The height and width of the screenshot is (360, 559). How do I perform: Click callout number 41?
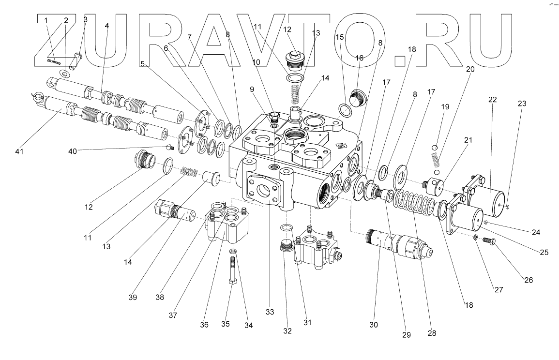coord(20,151)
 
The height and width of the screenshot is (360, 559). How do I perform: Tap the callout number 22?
coord(493,100)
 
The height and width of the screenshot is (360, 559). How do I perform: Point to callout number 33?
coord(270,313)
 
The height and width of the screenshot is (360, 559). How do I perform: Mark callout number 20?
coord(469,69)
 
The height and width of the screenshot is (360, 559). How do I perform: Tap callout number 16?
coord(360,58)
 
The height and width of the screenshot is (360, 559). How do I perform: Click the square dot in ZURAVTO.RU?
coord(399,61)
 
